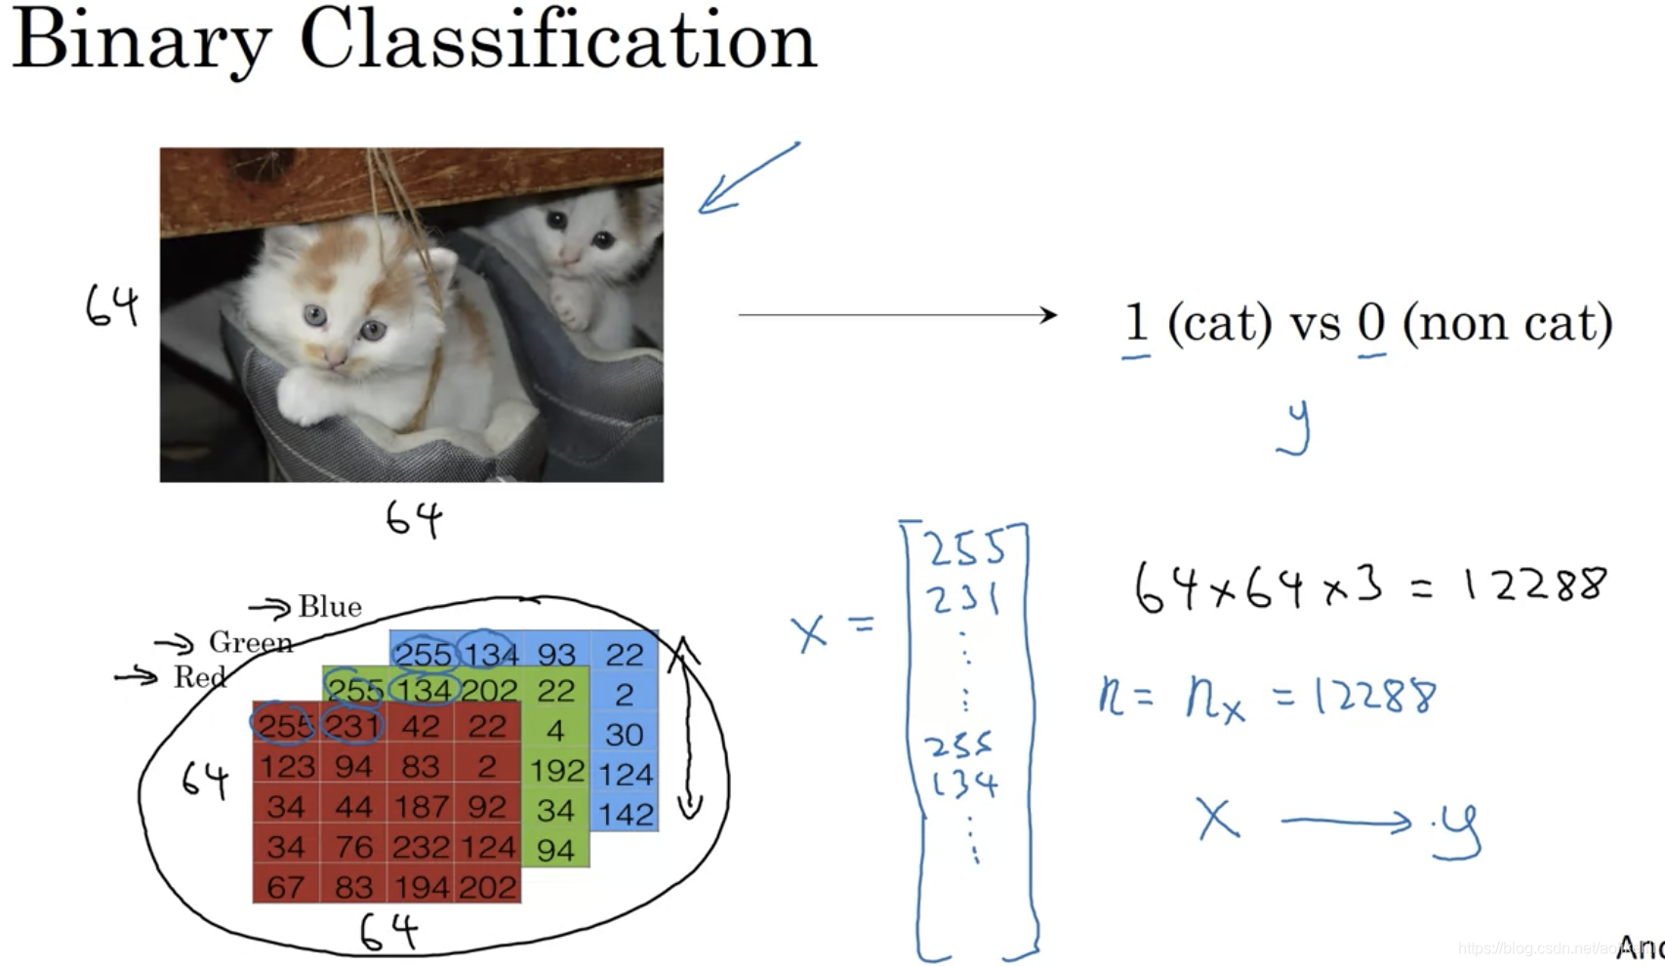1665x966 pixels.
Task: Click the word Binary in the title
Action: click(141, 41)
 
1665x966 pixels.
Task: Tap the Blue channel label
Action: click(330, 607)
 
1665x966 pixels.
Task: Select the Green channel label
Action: click(251, 642)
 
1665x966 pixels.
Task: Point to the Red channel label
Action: click(200, 676)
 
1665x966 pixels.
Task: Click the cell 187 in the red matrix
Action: click(421, 807)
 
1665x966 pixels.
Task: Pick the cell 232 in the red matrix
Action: click(421, 847)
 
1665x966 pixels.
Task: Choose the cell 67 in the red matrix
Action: click(285, 887)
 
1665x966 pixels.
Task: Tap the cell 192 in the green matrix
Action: click(556, 772)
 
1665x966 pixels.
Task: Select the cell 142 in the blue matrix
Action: click(626, 814)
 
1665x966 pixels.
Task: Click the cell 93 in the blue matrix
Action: click(556, 654)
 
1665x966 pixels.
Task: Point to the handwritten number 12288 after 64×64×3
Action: click(1533, 584)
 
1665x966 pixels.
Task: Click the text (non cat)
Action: click(1507, 323)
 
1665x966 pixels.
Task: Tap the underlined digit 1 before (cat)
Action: click(1135, 323)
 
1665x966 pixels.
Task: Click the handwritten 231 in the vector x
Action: click(963, 598)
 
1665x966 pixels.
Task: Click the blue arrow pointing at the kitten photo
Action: click(747, 178)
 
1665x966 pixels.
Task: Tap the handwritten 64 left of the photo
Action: click(112, 306)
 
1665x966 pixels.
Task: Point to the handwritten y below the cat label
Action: click(1295, 427)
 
